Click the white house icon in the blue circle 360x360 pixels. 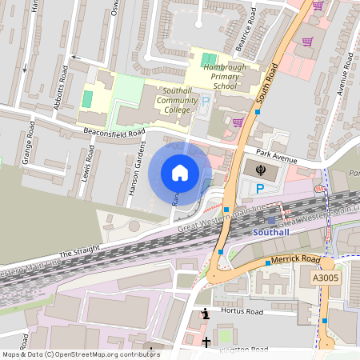click(179, 173)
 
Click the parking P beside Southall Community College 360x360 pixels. click(205, 102)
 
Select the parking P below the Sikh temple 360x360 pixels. click(259, 188)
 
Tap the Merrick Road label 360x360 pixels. click(295, 260)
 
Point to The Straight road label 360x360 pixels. click(77, 250)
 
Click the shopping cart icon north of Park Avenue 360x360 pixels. click(238, 122)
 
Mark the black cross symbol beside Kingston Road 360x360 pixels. click(206, 342)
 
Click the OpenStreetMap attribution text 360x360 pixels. click(81, 354)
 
